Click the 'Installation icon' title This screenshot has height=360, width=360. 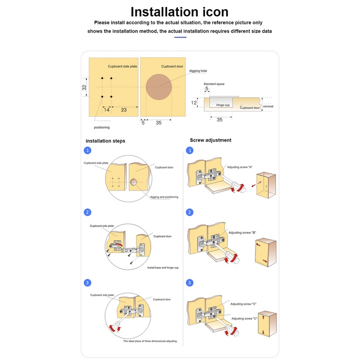click(x=180, y=12)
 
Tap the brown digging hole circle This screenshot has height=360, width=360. click(x=159, y=87)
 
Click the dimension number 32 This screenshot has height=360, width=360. click(x=84, y=87)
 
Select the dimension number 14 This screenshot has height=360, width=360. click(x=107, y=110)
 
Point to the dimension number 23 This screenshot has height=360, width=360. click(x=123, y=110)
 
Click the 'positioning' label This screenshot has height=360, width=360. click(x=102, y=127)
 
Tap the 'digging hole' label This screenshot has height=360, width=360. click(x=198, y=71)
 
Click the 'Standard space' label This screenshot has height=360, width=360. click(x=214, y=84)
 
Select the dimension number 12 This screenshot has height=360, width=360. click(x=194, y=103)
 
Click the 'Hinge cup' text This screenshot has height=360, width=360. click(x=223, y=105)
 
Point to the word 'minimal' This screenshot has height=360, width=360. click(x=268, y=106)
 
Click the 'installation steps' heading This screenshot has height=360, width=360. click(x=105, y=141)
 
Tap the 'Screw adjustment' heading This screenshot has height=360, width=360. click(x=211, y=140)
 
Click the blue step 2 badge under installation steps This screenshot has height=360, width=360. click(x=87, y=212)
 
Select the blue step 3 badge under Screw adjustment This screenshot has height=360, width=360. click(x=190, y=283)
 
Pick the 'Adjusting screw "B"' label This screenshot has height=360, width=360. click(x=242, y=232)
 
